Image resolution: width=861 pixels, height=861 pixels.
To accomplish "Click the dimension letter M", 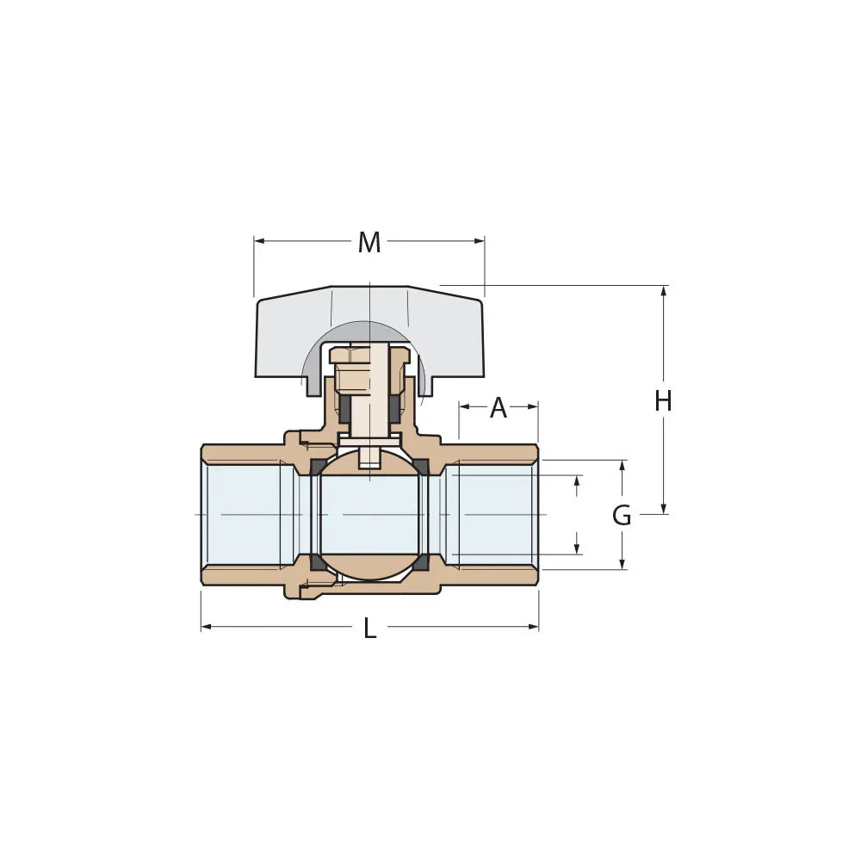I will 369,243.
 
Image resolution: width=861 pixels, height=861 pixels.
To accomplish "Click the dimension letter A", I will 499,408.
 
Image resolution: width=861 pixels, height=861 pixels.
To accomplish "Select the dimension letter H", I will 662,401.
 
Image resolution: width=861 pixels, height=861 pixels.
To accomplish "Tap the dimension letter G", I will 622,516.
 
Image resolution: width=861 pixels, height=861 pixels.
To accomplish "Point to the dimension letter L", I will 369,629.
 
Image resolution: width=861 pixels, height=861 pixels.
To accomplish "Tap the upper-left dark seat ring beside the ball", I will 317,468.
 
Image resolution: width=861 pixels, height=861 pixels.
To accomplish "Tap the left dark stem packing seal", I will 344,412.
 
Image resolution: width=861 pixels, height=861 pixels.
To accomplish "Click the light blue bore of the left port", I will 245,514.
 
